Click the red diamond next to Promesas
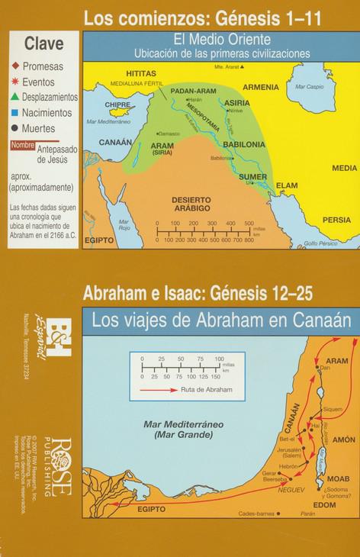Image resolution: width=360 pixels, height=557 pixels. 14,66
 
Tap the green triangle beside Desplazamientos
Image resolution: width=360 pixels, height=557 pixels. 14,97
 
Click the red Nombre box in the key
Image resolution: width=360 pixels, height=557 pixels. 22,145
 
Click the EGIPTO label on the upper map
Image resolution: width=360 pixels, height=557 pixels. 100,239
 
